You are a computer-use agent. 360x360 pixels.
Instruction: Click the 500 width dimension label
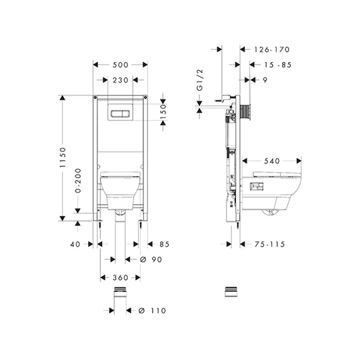(x=120, y=65)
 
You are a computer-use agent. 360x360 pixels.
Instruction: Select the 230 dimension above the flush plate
(x=120, y=80)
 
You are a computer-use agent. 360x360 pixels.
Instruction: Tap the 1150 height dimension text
(x=63, y=157)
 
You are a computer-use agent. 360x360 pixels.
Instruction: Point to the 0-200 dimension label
(x=78, y=181)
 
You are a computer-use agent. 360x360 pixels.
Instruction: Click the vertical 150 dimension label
(x=163, y=111)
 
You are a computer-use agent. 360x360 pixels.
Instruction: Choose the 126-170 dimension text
(x=272, y=49)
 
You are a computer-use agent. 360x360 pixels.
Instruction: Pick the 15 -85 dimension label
(x=277, y=65)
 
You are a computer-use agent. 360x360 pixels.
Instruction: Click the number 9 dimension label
(x=265, y=80)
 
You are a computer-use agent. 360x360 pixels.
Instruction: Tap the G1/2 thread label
(x=200, y=80)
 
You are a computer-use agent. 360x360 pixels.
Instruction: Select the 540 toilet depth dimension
(x=272, y=161)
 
